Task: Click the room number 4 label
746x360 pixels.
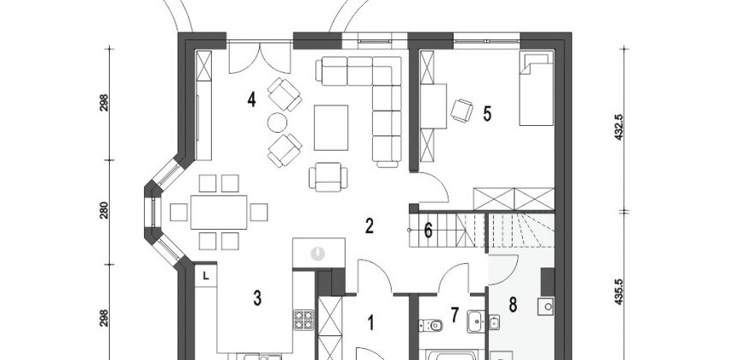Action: (x=252, y=100)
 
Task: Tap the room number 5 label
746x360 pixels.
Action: (x=487, y=114)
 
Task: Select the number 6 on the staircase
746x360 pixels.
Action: (x=428, y=231)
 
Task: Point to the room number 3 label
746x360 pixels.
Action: (x=257, y=298)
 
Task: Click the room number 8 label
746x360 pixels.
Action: (x=513, y=304)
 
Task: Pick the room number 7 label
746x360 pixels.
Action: (x=454, y=315)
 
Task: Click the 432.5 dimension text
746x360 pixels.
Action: (x=618, y=127)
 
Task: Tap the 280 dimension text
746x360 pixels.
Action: (x=105, y=211)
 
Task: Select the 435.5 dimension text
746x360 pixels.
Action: (x=618, y=291)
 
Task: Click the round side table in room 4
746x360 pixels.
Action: (x=277, y=123)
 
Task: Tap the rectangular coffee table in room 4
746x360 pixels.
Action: (x=331, y=128)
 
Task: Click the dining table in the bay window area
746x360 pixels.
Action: (x=219, y=212)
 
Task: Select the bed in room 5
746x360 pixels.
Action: (x=536, y=88)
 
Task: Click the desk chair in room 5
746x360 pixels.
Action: (x=462, y=111)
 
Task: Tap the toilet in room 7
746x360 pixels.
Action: (x=431, y=326)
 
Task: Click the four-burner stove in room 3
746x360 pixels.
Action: (x=304, y=320)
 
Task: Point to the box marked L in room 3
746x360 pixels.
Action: (x=206, y=276)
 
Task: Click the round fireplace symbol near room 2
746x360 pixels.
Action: (x=317, y=254)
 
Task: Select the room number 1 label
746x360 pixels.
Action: (x=371, y=323)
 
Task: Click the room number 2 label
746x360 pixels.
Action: (x=370, y=226)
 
